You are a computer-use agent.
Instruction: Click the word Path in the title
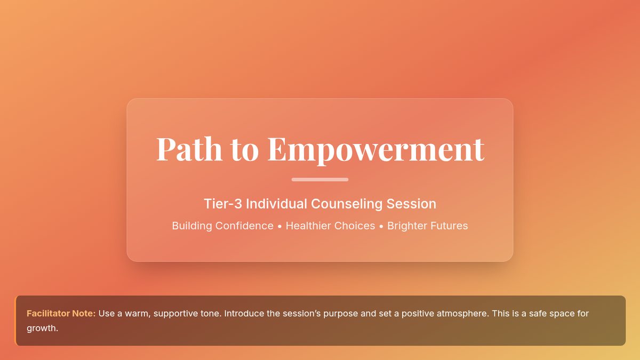(x=189, y=149)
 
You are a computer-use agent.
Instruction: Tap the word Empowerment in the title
(x=375, y=150)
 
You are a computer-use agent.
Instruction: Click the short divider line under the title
(x=320, y=179)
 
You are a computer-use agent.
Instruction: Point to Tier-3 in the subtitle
(x=223, y=204)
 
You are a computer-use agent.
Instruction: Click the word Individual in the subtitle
(x=276, y=204)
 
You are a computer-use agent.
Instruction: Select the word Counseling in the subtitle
(x=347, y=204)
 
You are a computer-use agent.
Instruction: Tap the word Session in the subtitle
(x=411, y=204)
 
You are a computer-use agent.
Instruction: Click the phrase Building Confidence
(x=222, y=226)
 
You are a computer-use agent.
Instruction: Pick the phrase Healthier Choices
(x=330, y=226)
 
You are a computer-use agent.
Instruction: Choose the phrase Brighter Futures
(x=427, y=226)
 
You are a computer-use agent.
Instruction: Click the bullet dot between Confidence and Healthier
(x=279, y=227)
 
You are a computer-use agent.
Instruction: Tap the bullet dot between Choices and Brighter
(x=381, y=227)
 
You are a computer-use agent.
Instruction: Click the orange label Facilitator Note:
(x=61, y=314)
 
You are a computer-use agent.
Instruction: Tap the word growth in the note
(x=42, y=329)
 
